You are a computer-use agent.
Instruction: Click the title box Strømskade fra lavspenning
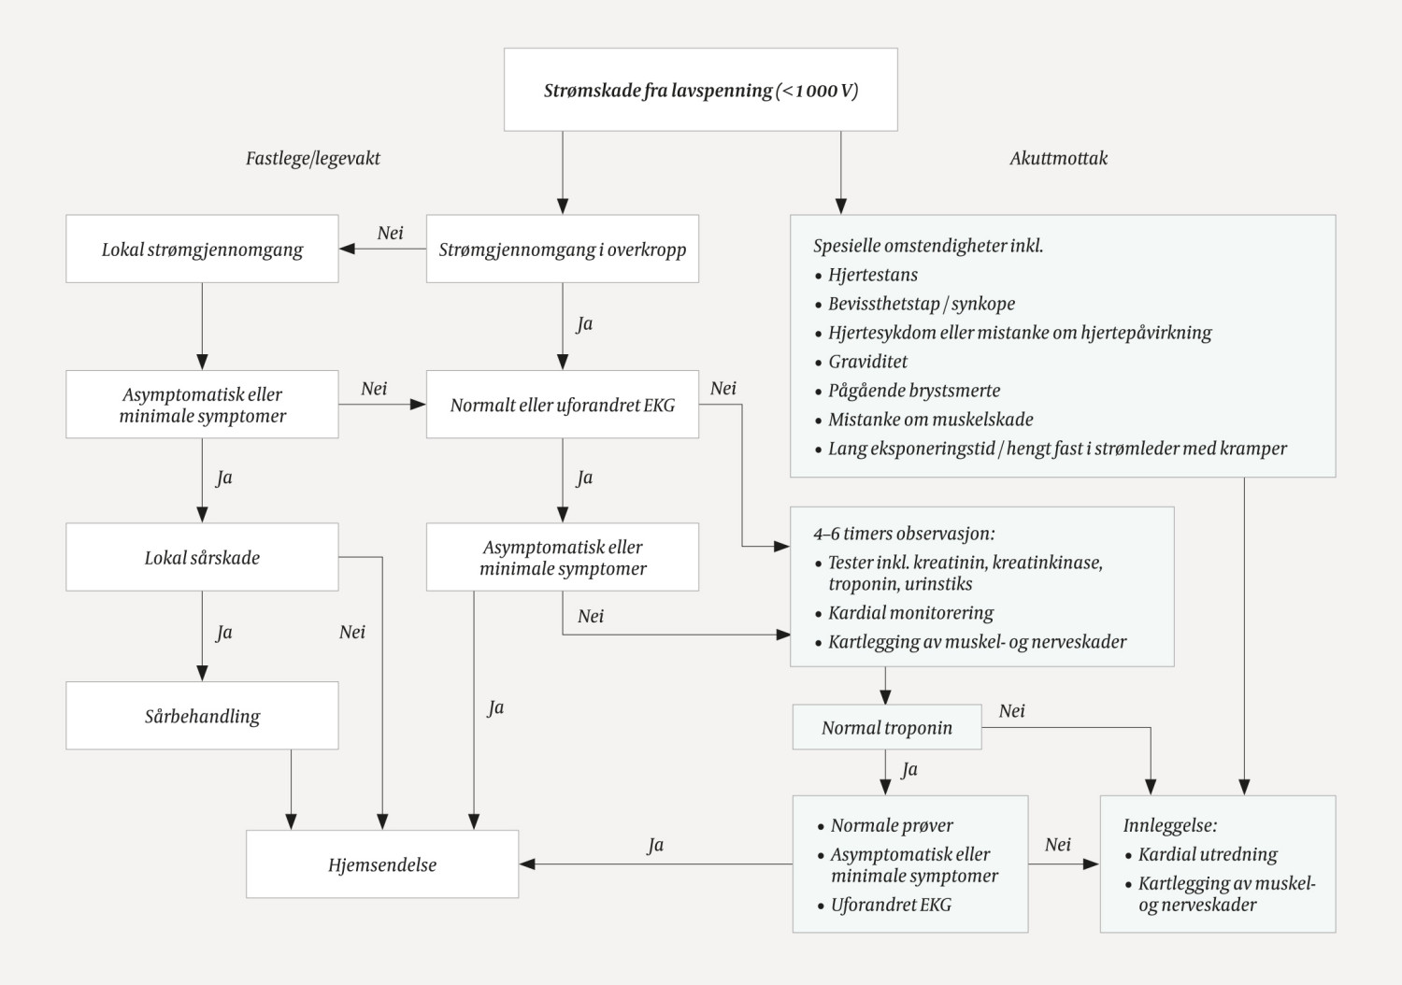(x=700, y=90)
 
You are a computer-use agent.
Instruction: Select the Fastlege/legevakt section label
(x=312, y=158)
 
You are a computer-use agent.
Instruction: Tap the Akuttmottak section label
(x=1058, y=158)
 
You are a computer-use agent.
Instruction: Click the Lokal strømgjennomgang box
(x=202, y=250)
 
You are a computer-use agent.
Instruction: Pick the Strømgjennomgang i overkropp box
(x=562, y=250)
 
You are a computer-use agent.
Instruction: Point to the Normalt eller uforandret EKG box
(x=562, y=405)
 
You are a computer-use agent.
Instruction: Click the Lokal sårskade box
(x=202, y=557)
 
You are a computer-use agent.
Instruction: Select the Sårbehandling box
(x=202, y=716)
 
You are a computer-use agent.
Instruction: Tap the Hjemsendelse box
(x=381, y=864)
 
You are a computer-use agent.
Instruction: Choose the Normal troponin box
(x=886, y=727)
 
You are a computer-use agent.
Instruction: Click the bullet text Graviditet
(x=867, y=361)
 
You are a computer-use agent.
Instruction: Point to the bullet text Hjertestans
(x=872, y=275)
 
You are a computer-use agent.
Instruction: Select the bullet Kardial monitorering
(x=910, y=613)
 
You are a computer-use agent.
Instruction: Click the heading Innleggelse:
(x=1169, y=825)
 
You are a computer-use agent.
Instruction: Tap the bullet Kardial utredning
(x=1207, y=854)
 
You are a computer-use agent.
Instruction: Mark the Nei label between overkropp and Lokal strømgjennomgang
(x=390, y=233)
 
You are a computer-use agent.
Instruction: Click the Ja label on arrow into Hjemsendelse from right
(x=655, y=845)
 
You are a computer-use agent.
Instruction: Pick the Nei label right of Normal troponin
(x=1011, y=710)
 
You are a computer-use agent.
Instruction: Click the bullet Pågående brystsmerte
(x=913, y=390)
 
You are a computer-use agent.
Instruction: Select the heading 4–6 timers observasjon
(x=903, y=534)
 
